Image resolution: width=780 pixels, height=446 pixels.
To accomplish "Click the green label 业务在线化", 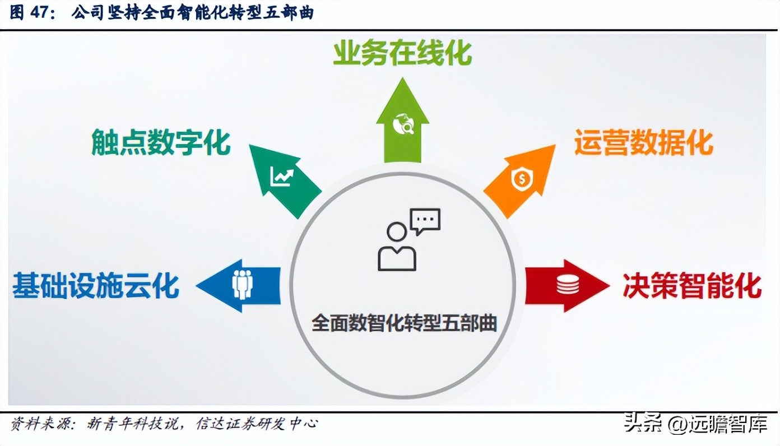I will (402, 54).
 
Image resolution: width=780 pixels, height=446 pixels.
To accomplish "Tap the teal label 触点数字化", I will (161, 143).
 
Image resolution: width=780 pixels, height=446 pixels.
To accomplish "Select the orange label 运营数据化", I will (643, 143).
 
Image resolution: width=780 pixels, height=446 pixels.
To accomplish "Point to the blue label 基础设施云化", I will (96, 285).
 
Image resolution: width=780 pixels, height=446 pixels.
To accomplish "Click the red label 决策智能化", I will (692, 286).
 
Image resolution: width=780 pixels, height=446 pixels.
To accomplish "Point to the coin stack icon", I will (567, 285).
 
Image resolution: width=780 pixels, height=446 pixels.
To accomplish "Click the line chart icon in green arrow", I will (282, 176).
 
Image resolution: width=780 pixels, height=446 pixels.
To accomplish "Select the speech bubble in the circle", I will (425, 221).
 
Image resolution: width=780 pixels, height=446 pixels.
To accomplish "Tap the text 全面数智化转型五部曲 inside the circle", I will (404, 324).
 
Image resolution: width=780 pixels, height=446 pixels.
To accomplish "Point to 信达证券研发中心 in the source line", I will (257, 424).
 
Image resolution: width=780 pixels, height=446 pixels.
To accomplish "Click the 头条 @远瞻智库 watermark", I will (695, 424).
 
